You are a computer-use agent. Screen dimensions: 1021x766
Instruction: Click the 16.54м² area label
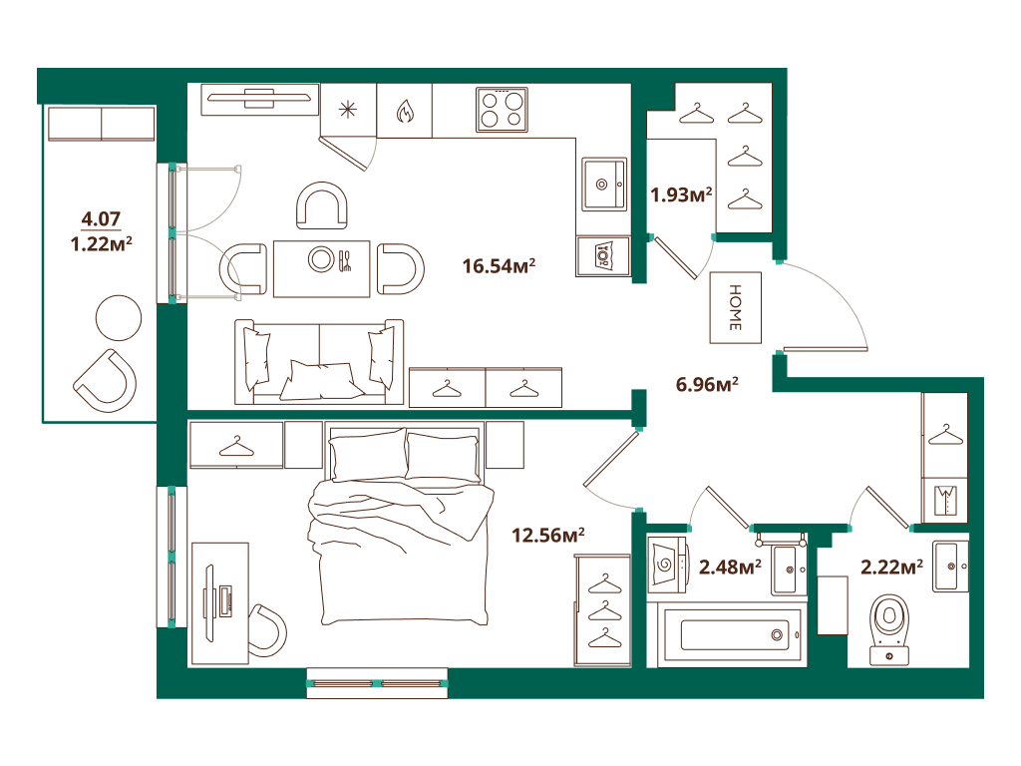(499, 265)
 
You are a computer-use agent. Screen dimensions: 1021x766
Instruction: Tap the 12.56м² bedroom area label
(547, 535)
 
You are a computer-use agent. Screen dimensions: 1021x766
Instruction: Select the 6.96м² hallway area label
(707, 384)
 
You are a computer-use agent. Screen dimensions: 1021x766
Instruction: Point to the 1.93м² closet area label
(681, 194)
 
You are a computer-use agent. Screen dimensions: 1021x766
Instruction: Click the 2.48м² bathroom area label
(730, 568)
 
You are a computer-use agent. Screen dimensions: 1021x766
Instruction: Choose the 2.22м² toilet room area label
(891, 568)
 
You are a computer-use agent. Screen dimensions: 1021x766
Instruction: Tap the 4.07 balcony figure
(101, 218)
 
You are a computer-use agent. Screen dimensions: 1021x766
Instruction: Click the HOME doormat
(735, 307)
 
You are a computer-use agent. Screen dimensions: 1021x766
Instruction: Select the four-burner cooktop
(502, 110)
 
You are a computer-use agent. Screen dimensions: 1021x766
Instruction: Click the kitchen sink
(604, 185)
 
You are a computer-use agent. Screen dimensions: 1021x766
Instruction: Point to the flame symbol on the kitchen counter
(405, 112)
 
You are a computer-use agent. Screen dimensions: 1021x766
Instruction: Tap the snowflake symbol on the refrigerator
(348, 110)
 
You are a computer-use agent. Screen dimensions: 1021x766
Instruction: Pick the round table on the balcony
(119, 318)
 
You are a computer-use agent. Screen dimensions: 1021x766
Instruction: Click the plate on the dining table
(322, 259)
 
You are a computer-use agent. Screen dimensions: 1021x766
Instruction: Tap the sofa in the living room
(319, 362)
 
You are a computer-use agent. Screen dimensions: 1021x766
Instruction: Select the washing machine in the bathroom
(667, 565)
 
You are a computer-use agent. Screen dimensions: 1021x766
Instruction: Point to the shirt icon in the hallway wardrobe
(945, 501)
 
